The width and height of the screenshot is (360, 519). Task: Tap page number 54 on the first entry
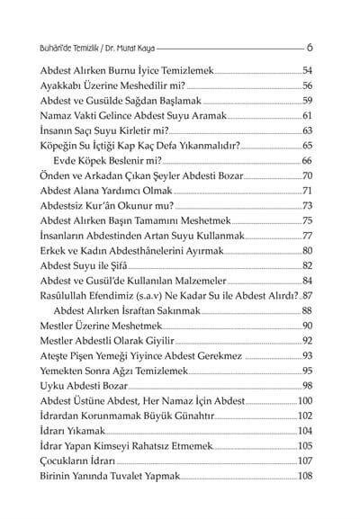(306, 70)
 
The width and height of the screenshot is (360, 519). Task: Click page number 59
(306, 101)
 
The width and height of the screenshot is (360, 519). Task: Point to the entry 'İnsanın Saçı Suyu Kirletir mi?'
(100, 131)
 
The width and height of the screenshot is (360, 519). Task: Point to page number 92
(306, 340)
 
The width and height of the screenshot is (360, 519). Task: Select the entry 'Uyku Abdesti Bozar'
(81, 385)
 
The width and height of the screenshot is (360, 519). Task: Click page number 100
(304, 400)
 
